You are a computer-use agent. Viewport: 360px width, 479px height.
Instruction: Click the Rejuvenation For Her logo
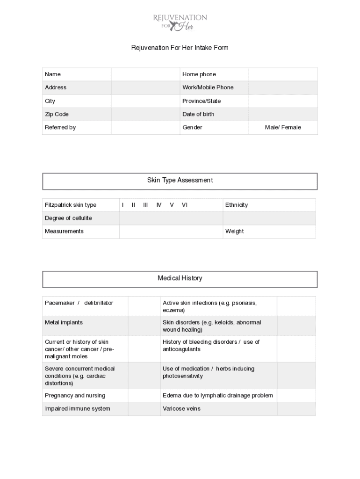click(180, 22)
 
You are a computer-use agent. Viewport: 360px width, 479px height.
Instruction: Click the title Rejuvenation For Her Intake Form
click(180, 48)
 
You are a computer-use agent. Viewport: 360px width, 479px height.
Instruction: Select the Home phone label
click(199, 74)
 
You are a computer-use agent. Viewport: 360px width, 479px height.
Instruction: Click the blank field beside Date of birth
click(282, 114)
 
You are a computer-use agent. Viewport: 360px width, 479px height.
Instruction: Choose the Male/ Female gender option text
click(283, 127)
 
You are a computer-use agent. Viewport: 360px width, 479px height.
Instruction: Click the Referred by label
click(60, 127)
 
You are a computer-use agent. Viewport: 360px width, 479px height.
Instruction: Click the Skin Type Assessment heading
click(180, 181)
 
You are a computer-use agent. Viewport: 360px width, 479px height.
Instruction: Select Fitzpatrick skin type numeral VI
click(185, 205)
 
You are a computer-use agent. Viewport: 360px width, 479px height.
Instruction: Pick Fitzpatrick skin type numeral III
click(145, 205)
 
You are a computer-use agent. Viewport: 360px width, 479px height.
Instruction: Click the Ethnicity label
click(237, 205)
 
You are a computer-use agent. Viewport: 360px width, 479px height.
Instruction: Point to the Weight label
click(235, 231)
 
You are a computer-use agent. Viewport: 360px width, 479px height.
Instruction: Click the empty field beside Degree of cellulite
click(171, 218)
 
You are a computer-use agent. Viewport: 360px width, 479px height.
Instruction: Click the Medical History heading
click(180, 278)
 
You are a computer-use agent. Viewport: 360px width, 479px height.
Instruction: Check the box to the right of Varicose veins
click(296, 408)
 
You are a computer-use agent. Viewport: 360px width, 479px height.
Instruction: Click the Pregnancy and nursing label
click(75, 395)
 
